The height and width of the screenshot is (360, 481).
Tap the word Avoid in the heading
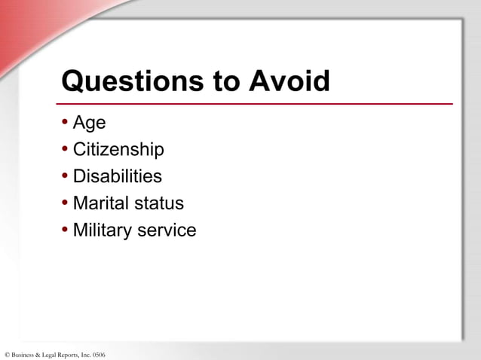point(286,81)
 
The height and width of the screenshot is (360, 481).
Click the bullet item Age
point(89,123)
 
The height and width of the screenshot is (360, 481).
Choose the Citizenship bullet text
point(118,150)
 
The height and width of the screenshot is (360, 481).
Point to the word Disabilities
point(117,176)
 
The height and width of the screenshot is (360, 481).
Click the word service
point(164,230)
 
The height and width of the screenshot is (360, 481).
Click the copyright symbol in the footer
point(7,354)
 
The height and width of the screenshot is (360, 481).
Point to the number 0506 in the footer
point(98,354)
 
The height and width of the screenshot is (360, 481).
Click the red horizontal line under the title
point(256,104)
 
